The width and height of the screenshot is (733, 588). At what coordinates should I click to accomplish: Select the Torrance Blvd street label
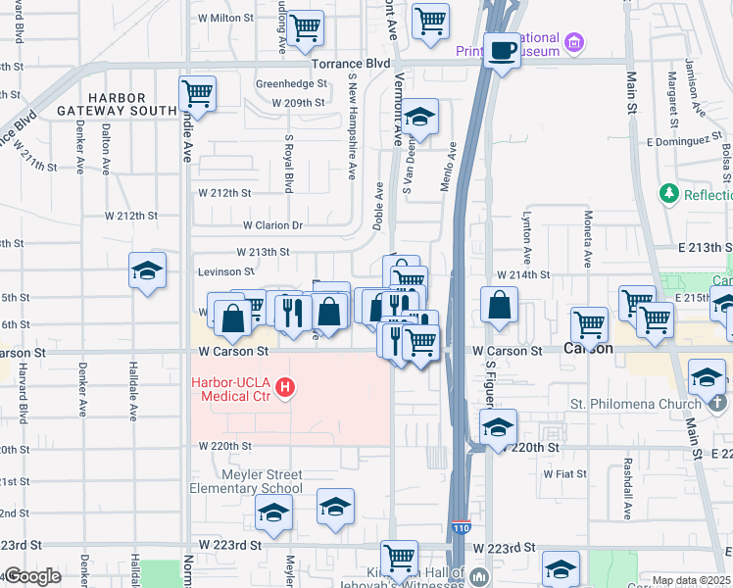tap(350, 63)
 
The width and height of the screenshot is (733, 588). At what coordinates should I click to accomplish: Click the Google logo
tap(31, 577)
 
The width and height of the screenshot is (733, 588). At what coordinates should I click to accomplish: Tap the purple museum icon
tap(574, 43)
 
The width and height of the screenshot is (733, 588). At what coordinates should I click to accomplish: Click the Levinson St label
tap(225, 270)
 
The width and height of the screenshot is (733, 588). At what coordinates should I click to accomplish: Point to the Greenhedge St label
tap(290, 83)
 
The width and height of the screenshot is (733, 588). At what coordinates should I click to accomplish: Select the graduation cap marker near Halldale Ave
tap(147, 270)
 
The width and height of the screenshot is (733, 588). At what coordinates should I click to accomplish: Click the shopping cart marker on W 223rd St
tap(400, 559)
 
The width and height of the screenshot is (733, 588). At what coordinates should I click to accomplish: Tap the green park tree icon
tap(669, 194)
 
